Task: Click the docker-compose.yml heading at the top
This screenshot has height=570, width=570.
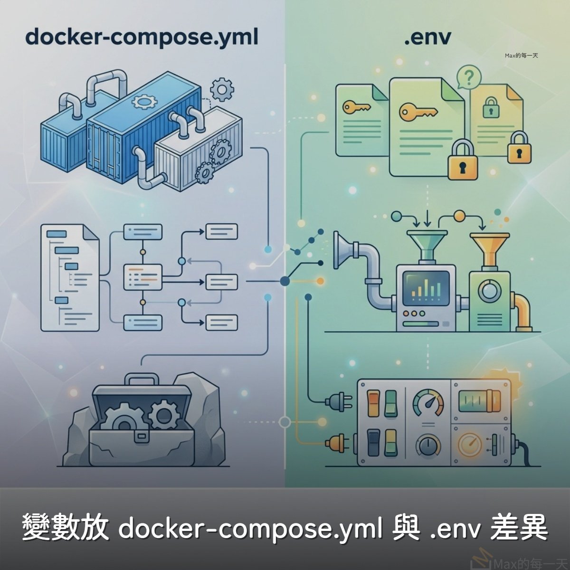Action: pos(142,37)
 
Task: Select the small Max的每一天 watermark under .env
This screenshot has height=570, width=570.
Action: pos(521,56)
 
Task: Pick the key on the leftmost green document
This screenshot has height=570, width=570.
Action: pos(356,106)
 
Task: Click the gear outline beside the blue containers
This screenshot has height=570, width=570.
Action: pos(222,89)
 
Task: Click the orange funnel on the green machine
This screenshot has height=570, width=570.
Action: pos(489,249)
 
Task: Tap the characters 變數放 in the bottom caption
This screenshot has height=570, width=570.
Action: pos(66,528)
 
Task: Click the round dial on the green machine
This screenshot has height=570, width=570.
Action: pos(488,291)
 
